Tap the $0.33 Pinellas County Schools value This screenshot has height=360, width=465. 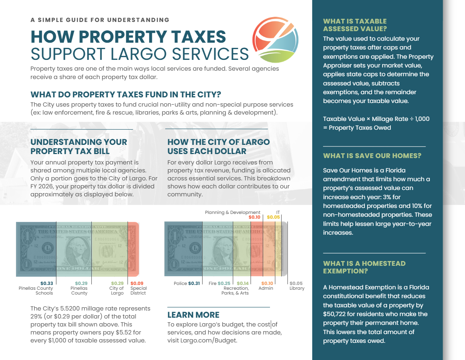click(47, 283)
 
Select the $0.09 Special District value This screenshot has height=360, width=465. click(137, 283)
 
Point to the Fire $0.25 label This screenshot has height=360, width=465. click(219, 283)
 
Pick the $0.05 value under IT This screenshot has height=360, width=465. click(273, 217)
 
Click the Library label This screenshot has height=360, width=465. click(297, 288)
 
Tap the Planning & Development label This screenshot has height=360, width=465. click(232, 212)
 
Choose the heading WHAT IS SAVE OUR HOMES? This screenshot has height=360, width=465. click(372, 156)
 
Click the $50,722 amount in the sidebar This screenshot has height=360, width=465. click(334, 314)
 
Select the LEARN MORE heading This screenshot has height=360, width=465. click(193, 315)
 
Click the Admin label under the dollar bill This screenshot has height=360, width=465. click(266, 288)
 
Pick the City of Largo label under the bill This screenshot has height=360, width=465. click(117, 291)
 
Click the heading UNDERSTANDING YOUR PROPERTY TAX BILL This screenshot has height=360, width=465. click(79, 146)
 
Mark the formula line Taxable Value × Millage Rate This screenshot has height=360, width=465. click(376, 119)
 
